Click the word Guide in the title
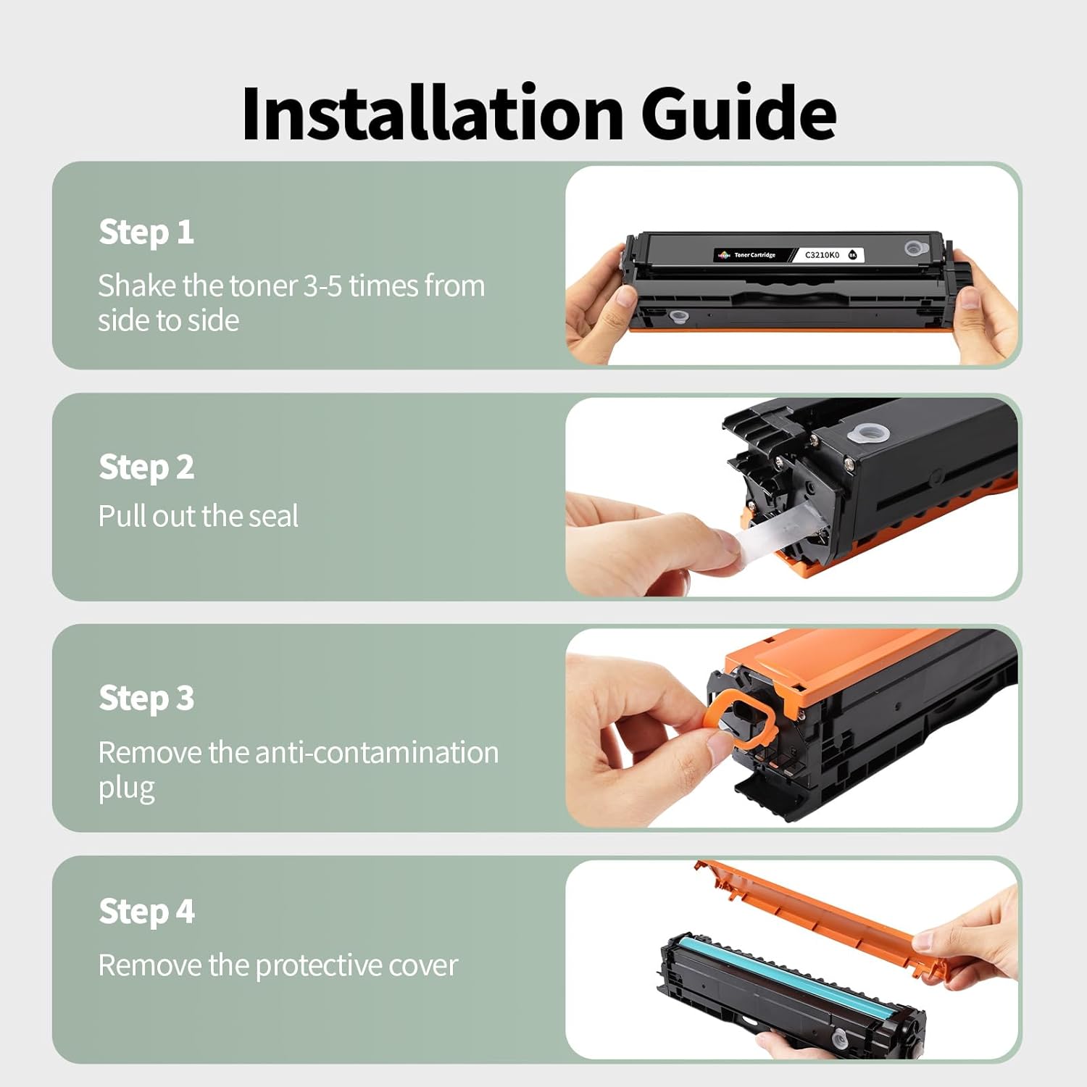click(739, 113)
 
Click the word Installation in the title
click(433, 113)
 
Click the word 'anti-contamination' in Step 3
click(377, 753)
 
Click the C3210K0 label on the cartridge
click(822, 255)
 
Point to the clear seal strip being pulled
click(775, 533)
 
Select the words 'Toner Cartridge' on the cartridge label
click(754, 255)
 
